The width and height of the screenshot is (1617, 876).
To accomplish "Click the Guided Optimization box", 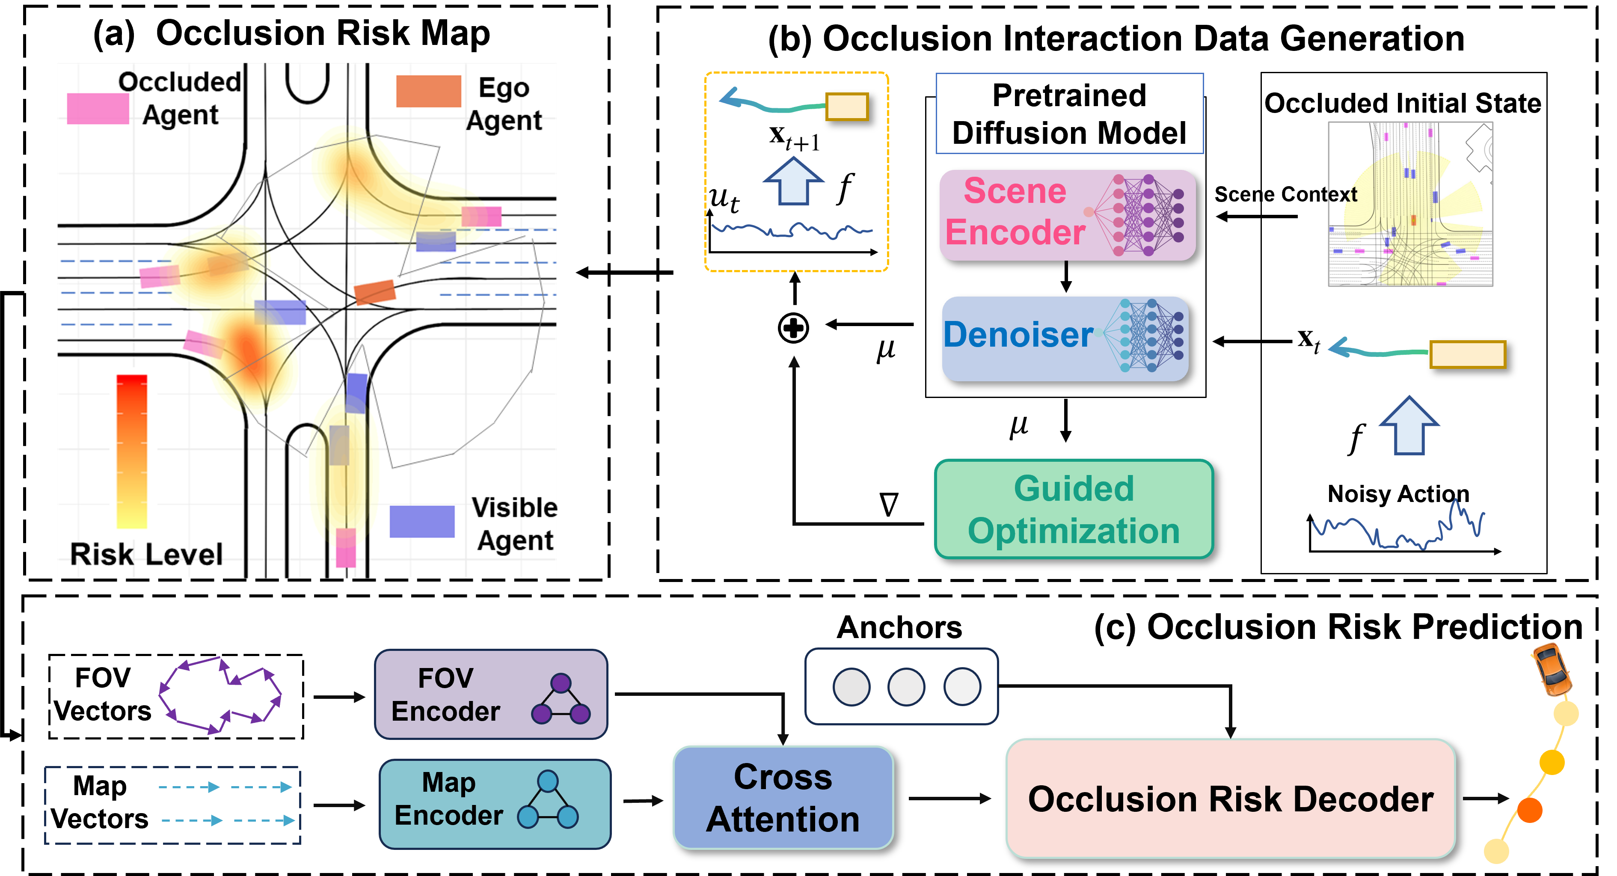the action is coord(1074,509).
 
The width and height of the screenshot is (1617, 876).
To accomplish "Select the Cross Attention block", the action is coord(783,798).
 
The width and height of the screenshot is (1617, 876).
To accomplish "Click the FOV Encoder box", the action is coord(491,695).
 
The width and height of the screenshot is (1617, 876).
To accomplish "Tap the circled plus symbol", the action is coord(793,328).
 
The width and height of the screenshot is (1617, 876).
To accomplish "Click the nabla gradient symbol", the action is coord(889,504).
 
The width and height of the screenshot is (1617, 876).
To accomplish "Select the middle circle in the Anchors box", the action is coord(906,687).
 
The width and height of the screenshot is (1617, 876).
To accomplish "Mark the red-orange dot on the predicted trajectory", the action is coord(1530,810).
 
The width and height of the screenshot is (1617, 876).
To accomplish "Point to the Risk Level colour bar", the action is coord(132,451).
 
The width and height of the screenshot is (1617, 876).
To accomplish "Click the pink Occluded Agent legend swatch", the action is coord(98,109).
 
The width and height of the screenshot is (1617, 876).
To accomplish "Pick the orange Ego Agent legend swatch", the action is coord(429,91).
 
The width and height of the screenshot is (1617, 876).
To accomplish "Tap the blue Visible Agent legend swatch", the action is coord(422,521).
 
